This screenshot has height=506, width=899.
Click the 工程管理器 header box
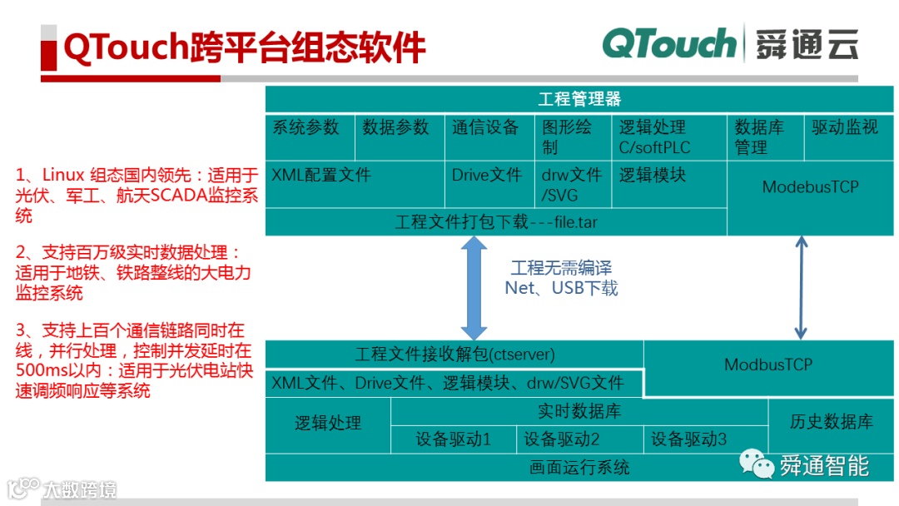point(579,99)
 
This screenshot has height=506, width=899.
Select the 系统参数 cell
point(306,127)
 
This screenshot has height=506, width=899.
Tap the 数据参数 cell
point(395,127)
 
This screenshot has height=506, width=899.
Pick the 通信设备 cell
point(485,127)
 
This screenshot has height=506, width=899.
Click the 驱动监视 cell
point(845,127)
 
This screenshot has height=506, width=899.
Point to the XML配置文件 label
point(320,176)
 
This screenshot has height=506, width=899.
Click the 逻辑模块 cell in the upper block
point(653,176)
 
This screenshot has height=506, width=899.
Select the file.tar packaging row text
point(496,222)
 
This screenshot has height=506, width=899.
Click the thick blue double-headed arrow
point(474,287)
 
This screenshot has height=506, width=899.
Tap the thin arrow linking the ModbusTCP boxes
point(801,287)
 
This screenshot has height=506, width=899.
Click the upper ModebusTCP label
point(810,187)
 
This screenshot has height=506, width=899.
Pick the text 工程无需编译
point(561,268)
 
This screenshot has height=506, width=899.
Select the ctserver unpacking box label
point(454,355)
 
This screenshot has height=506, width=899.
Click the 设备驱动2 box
point(561,439)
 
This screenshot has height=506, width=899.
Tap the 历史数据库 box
point(831,423)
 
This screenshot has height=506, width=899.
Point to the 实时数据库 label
point(579,411)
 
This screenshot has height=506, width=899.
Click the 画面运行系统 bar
point(579,467)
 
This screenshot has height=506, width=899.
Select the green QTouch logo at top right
point(670,44)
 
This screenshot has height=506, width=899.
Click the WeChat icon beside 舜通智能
point(757,464)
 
